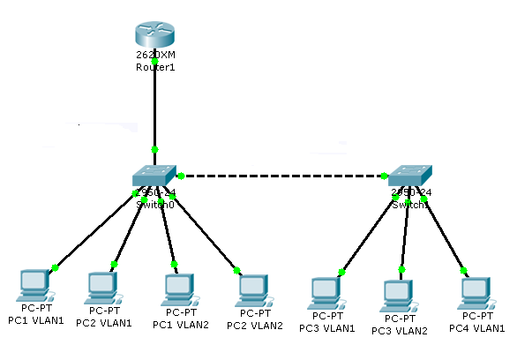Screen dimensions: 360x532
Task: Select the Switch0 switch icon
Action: coord(154,176)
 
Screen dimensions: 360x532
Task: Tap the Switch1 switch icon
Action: coord(410,176)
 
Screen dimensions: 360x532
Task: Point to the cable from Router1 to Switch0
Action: coord(155,106)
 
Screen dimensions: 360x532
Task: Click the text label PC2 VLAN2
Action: coord(255,325)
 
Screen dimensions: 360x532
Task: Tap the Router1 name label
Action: coord(155,67)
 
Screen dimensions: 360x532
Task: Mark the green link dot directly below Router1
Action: coord(155,61)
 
